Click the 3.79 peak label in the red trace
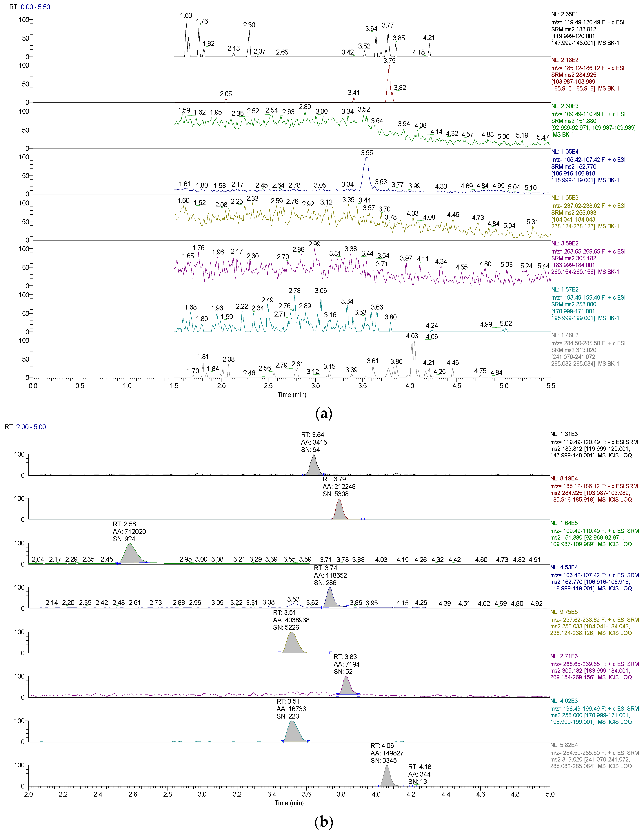[389, 61]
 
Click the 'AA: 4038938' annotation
[291, 620]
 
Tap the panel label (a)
[324, 413]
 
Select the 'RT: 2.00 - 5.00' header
[25, 427]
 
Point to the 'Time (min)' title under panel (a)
[292, 395]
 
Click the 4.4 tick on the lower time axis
[446, 794]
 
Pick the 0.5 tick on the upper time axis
[80, 386]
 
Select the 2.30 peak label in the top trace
[249, 25]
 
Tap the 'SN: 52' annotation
[343, 672]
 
